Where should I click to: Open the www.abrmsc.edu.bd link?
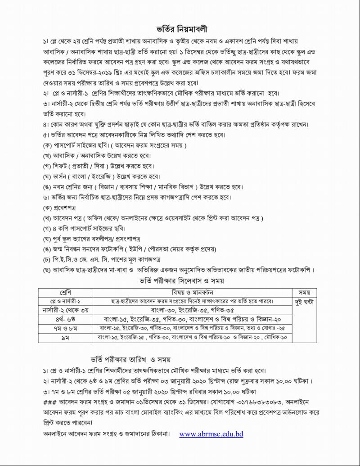coord(211,434)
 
